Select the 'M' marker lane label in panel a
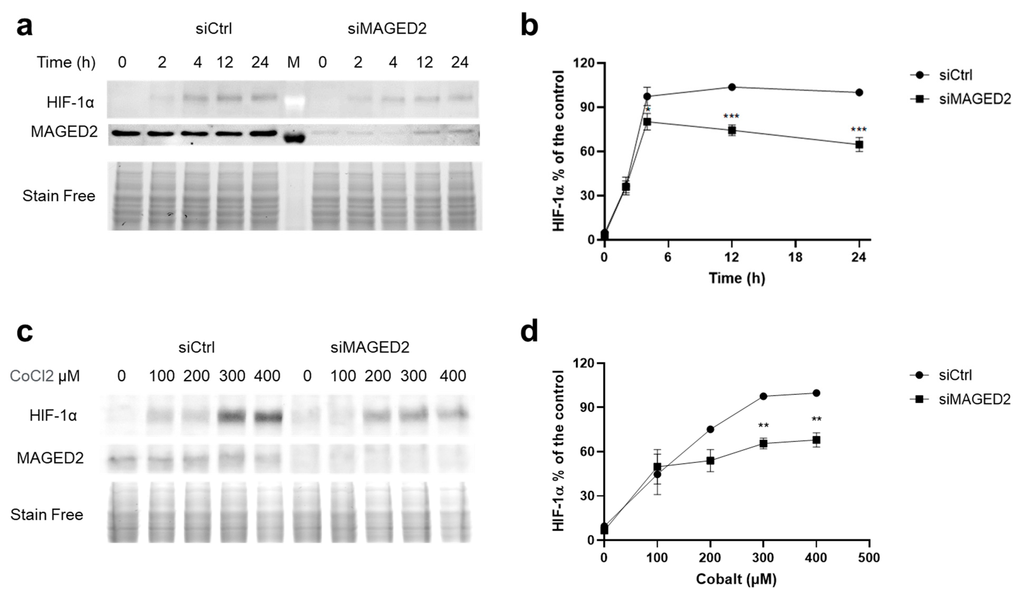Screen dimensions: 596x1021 [293, 62]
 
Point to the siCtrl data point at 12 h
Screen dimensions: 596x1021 [732, 87]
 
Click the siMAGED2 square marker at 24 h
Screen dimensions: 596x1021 [859, 145]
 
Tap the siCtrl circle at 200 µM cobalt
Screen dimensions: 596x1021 [710, 429]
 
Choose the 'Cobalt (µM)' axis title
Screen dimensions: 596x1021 [736, 579]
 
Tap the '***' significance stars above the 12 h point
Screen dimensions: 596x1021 [731, 117]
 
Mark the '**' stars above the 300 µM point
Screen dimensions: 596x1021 [763, 425]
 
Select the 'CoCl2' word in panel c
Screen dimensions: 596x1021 [32, 376]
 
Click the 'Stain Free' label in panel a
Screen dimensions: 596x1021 [59, 196]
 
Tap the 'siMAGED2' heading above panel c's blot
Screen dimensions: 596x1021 [370, 347]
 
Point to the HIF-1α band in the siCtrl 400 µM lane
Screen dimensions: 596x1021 [267, 416]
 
